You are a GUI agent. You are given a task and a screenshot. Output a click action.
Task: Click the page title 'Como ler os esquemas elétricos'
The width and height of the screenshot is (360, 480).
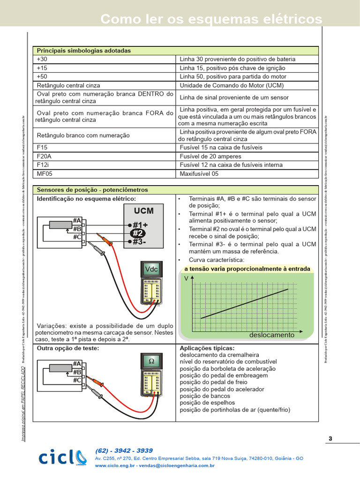(x=211, y=19)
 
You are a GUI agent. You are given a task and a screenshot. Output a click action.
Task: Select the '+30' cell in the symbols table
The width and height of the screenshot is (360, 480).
(x=42, y=59)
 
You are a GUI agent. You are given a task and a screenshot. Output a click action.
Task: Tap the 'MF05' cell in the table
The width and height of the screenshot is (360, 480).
(x=45, y=173)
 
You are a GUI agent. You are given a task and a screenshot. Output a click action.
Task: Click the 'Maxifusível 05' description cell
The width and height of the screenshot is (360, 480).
(x=199, y=173)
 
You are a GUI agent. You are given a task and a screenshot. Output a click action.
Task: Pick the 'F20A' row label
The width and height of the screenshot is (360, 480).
(x=45, y=156)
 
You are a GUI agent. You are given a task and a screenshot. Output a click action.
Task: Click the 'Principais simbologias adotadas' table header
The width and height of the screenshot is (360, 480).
(x=84, y=51)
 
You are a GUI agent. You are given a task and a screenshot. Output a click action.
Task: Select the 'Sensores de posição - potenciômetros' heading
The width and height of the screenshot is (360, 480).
(x=92, y=190)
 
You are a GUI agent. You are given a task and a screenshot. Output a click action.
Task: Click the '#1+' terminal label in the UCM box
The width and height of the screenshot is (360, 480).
(x=140, y=224)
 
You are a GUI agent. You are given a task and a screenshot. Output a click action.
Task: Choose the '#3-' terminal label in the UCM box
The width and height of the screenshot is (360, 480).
(x=139, y=242)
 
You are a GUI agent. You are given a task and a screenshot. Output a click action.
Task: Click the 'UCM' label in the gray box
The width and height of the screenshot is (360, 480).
(x=143, y=211)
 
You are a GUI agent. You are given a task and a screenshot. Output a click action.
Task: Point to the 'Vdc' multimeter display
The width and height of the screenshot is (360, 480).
(x=151, y=269)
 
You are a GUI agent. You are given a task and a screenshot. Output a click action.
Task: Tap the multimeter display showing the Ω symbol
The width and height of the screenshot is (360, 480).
(x=151, y=362)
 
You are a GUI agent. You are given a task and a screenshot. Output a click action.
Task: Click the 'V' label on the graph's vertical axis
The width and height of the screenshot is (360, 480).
(x=187, y=278)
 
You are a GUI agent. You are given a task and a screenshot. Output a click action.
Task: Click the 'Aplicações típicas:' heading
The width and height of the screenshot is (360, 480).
(x=207, y=348)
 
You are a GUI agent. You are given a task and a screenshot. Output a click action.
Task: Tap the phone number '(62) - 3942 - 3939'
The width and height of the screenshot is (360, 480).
(x=124, y=450)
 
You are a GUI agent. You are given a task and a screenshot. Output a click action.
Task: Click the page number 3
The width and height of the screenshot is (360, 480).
(x=330, y=439)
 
